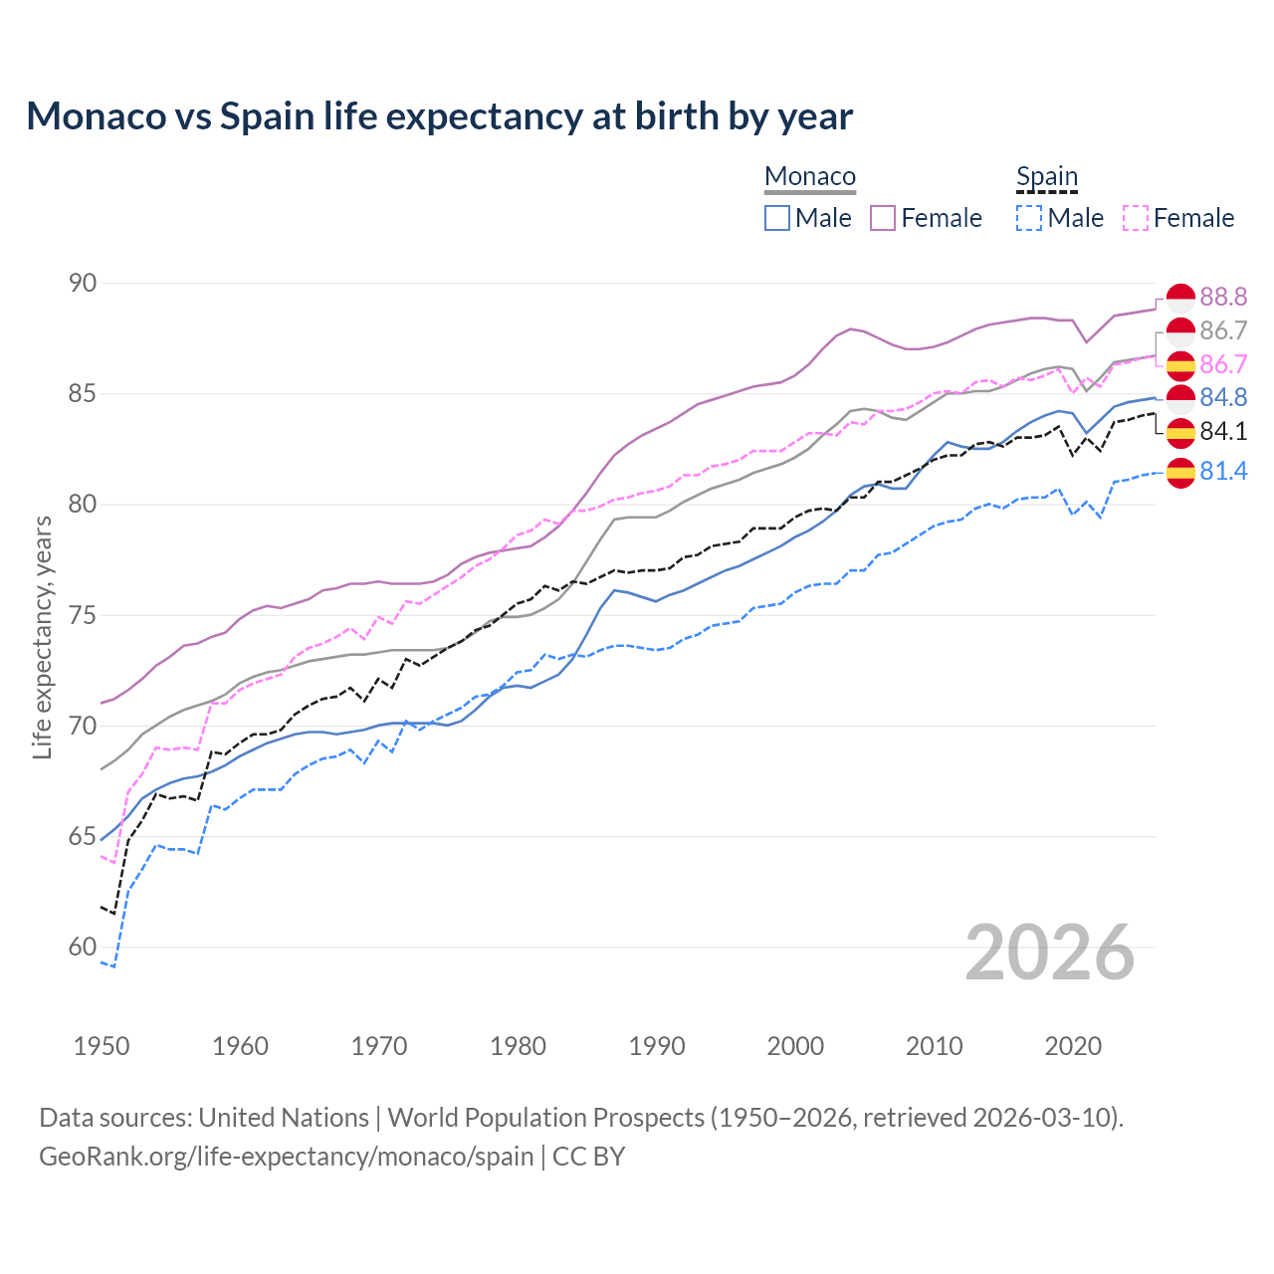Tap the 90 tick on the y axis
click(83, 284)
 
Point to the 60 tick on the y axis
click(83, 948)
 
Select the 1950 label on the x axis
click(102, 1046)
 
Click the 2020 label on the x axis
click(1073, 1046)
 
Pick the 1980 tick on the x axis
click(518, 1046)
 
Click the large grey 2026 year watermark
click(1050, 953)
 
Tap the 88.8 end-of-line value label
click(1223, 297)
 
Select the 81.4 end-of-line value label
click(1223, 471)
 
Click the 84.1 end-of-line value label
click(1223, 431)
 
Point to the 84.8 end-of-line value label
click(1223, 397)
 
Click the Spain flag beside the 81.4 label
click(1180, 473)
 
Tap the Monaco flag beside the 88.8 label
click(1180, 298)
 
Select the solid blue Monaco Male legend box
click(777, 218)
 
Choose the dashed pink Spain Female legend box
click(1136, 218)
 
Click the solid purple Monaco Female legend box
click(883, 218)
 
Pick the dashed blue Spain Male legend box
click(1029, 218)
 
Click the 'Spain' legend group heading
click(1047, 177)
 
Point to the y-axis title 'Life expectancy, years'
click(43, 637)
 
